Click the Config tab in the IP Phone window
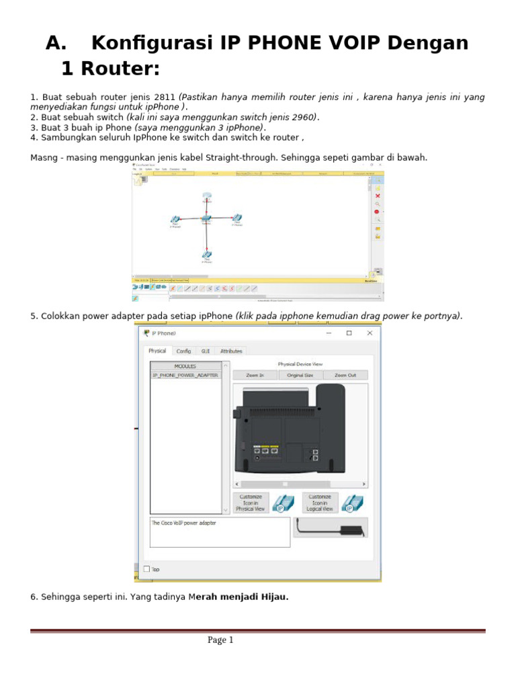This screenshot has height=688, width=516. pos(183,351)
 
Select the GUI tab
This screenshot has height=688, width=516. pos(206,351)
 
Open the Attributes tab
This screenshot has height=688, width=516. pos(230,351)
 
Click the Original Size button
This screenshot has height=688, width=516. pos(300,375)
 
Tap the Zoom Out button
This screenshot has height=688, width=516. pos(345,375)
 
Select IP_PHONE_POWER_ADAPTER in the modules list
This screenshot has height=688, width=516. pos(185,375)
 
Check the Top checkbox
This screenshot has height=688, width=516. pos(147,569)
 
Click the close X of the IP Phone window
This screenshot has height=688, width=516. pos(370,333)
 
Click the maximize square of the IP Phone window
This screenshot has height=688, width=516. pos(349,333)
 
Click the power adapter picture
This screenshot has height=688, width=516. pos(330,528)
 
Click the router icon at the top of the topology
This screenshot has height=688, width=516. pos(207,197)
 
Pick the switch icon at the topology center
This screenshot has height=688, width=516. pos(206,219)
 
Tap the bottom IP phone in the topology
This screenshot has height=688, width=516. pos(206,255)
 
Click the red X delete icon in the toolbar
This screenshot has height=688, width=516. pos(378,196)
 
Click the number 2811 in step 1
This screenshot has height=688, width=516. pos(165,97)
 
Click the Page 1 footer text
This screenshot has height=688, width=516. pos(220,640)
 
